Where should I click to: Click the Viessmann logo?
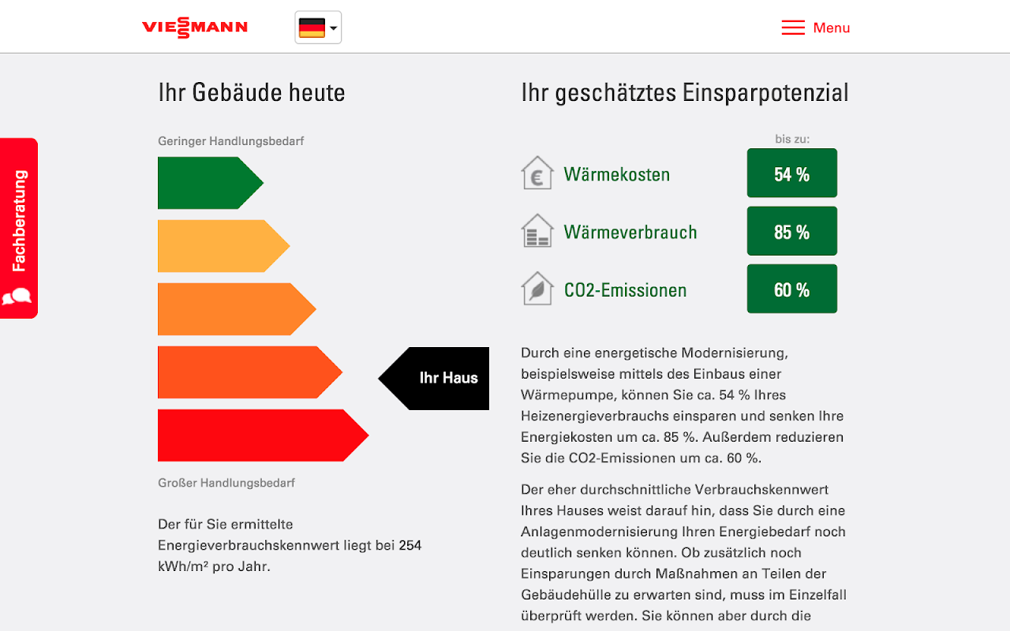tap(194, 28)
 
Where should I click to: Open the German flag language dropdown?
tap(318, 28)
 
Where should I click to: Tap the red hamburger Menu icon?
tap(793, 28)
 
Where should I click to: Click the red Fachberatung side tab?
tap(19, 228)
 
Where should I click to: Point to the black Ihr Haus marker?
tap(438, 378)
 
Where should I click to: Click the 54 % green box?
tap(791, 174)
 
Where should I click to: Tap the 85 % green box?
tap(791, 231)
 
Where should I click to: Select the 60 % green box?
tap(791, 289)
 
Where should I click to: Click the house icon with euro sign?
tap(537, 174)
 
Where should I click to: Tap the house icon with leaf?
tap(537, 289)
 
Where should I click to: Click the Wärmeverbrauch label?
tap(630, 232)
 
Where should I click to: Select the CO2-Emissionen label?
tap(625, 290)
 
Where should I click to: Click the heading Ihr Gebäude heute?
tap(252, 92)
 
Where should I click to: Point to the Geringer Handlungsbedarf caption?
tap(230, 141)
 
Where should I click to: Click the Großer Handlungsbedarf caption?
tap(226, 483)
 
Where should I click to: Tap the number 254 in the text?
tap(410, 545)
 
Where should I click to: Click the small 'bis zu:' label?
tap(792, 139)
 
